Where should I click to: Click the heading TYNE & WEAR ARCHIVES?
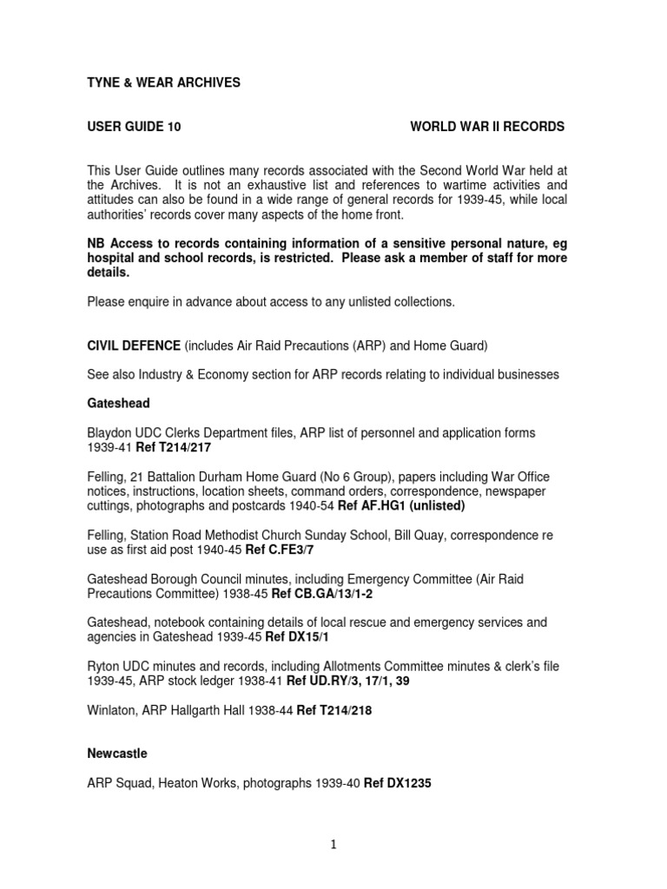(164, 82)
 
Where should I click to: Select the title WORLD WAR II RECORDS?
(486, 127)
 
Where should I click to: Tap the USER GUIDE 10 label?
(135, 127)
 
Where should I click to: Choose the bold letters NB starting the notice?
(96, 244)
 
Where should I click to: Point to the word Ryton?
(104, 667)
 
